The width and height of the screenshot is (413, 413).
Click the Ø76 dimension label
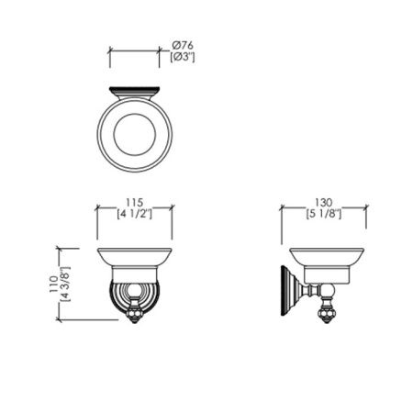[183, 46]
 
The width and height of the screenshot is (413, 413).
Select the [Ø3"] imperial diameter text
[183, 57]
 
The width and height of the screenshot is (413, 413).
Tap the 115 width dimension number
[135, 203]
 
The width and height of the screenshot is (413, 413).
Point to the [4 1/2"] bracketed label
[135, 214]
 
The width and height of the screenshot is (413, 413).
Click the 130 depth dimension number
[324, 203]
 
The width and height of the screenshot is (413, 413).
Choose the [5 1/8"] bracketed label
[324, 214]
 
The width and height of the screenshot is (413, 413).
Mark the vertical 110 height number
[53, 284]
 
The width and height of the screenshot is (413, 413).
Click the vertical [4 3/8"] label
[65, 284]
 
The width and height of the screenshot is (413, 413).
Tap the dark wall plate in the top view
[135, 90]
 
